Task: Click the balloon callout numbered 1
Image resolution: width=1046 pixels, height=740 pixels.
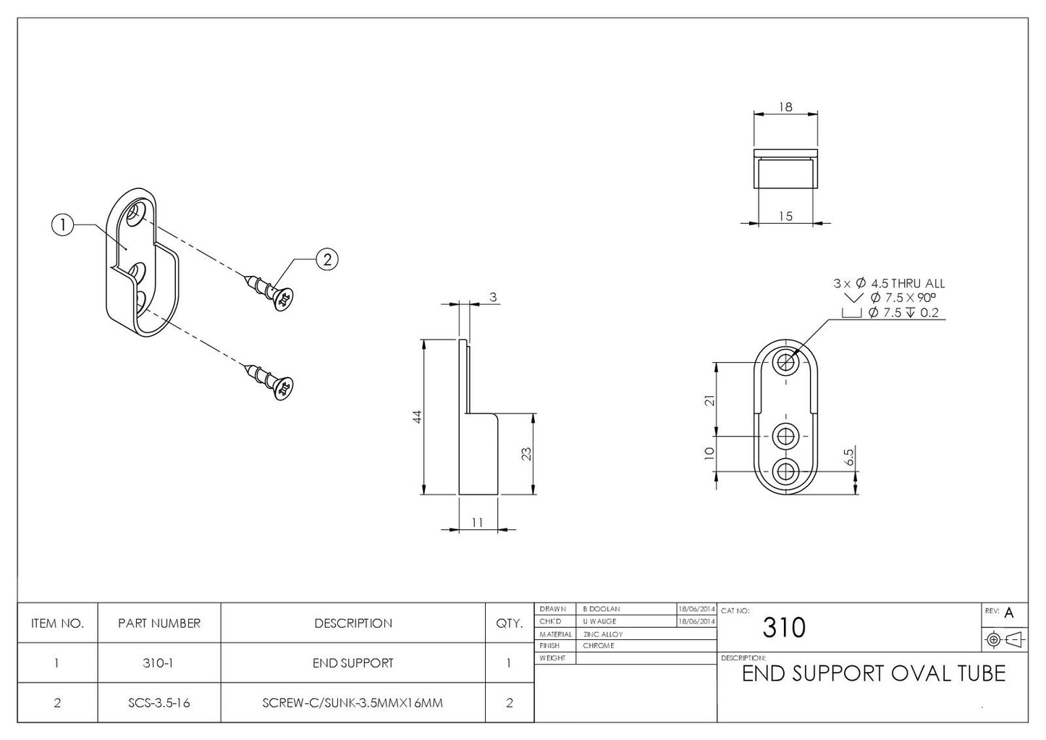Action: (63, 225)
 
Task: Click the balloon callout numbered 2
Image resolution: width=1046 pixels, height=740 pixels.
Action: (327, 259)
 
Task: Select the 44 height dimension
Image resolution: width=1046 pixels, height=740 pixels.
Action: (417, 417)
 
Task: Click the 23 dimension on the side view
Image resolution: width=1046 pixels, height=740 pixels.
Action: (527, 454)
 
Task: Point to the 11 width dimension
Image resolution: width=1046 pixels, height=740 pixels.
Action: (477, 522)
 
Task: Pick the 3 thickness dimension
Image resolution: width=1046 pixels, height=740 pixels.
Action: (492, 297)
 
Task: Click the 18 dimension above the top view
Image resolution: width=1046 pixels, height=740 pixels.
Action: (785, 107)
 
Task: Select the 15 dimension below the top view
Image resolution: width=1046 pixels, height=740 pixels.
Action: (785, 216)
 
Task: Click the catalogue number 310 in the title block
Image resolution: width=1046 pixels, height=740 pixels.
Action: (783, 628)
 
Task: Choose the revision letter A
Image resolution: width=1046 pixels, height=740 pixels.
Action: (1009, 613)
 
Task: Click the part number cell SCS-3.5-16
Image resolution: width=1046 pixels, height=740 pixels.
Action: (159, 702)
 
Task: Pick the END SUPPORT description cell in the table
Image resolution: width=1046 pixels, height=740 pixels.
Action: (353, 663)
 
